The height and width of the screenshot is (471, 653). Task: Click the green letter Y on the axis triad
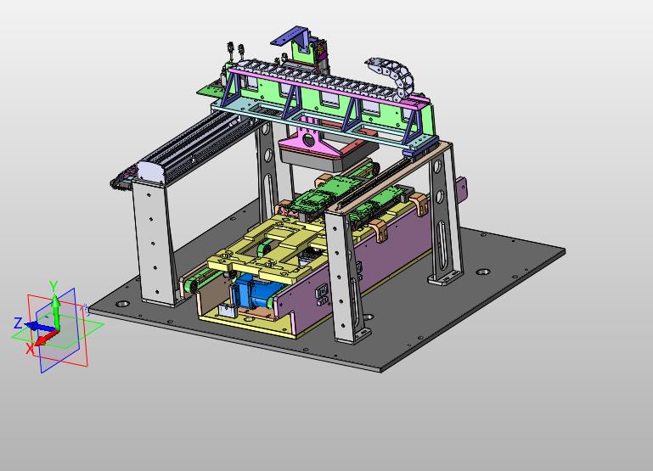(53, 286)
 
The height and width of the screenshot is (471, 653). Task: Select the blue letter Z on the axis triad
(18, 322)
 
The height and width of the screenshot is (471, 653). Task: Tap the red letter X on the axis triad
(30, 348)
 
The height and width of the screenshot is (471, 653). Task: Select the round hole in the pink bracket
(309, 140)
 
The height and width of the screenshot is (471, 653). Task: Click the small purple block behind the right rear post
(461, 191)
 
